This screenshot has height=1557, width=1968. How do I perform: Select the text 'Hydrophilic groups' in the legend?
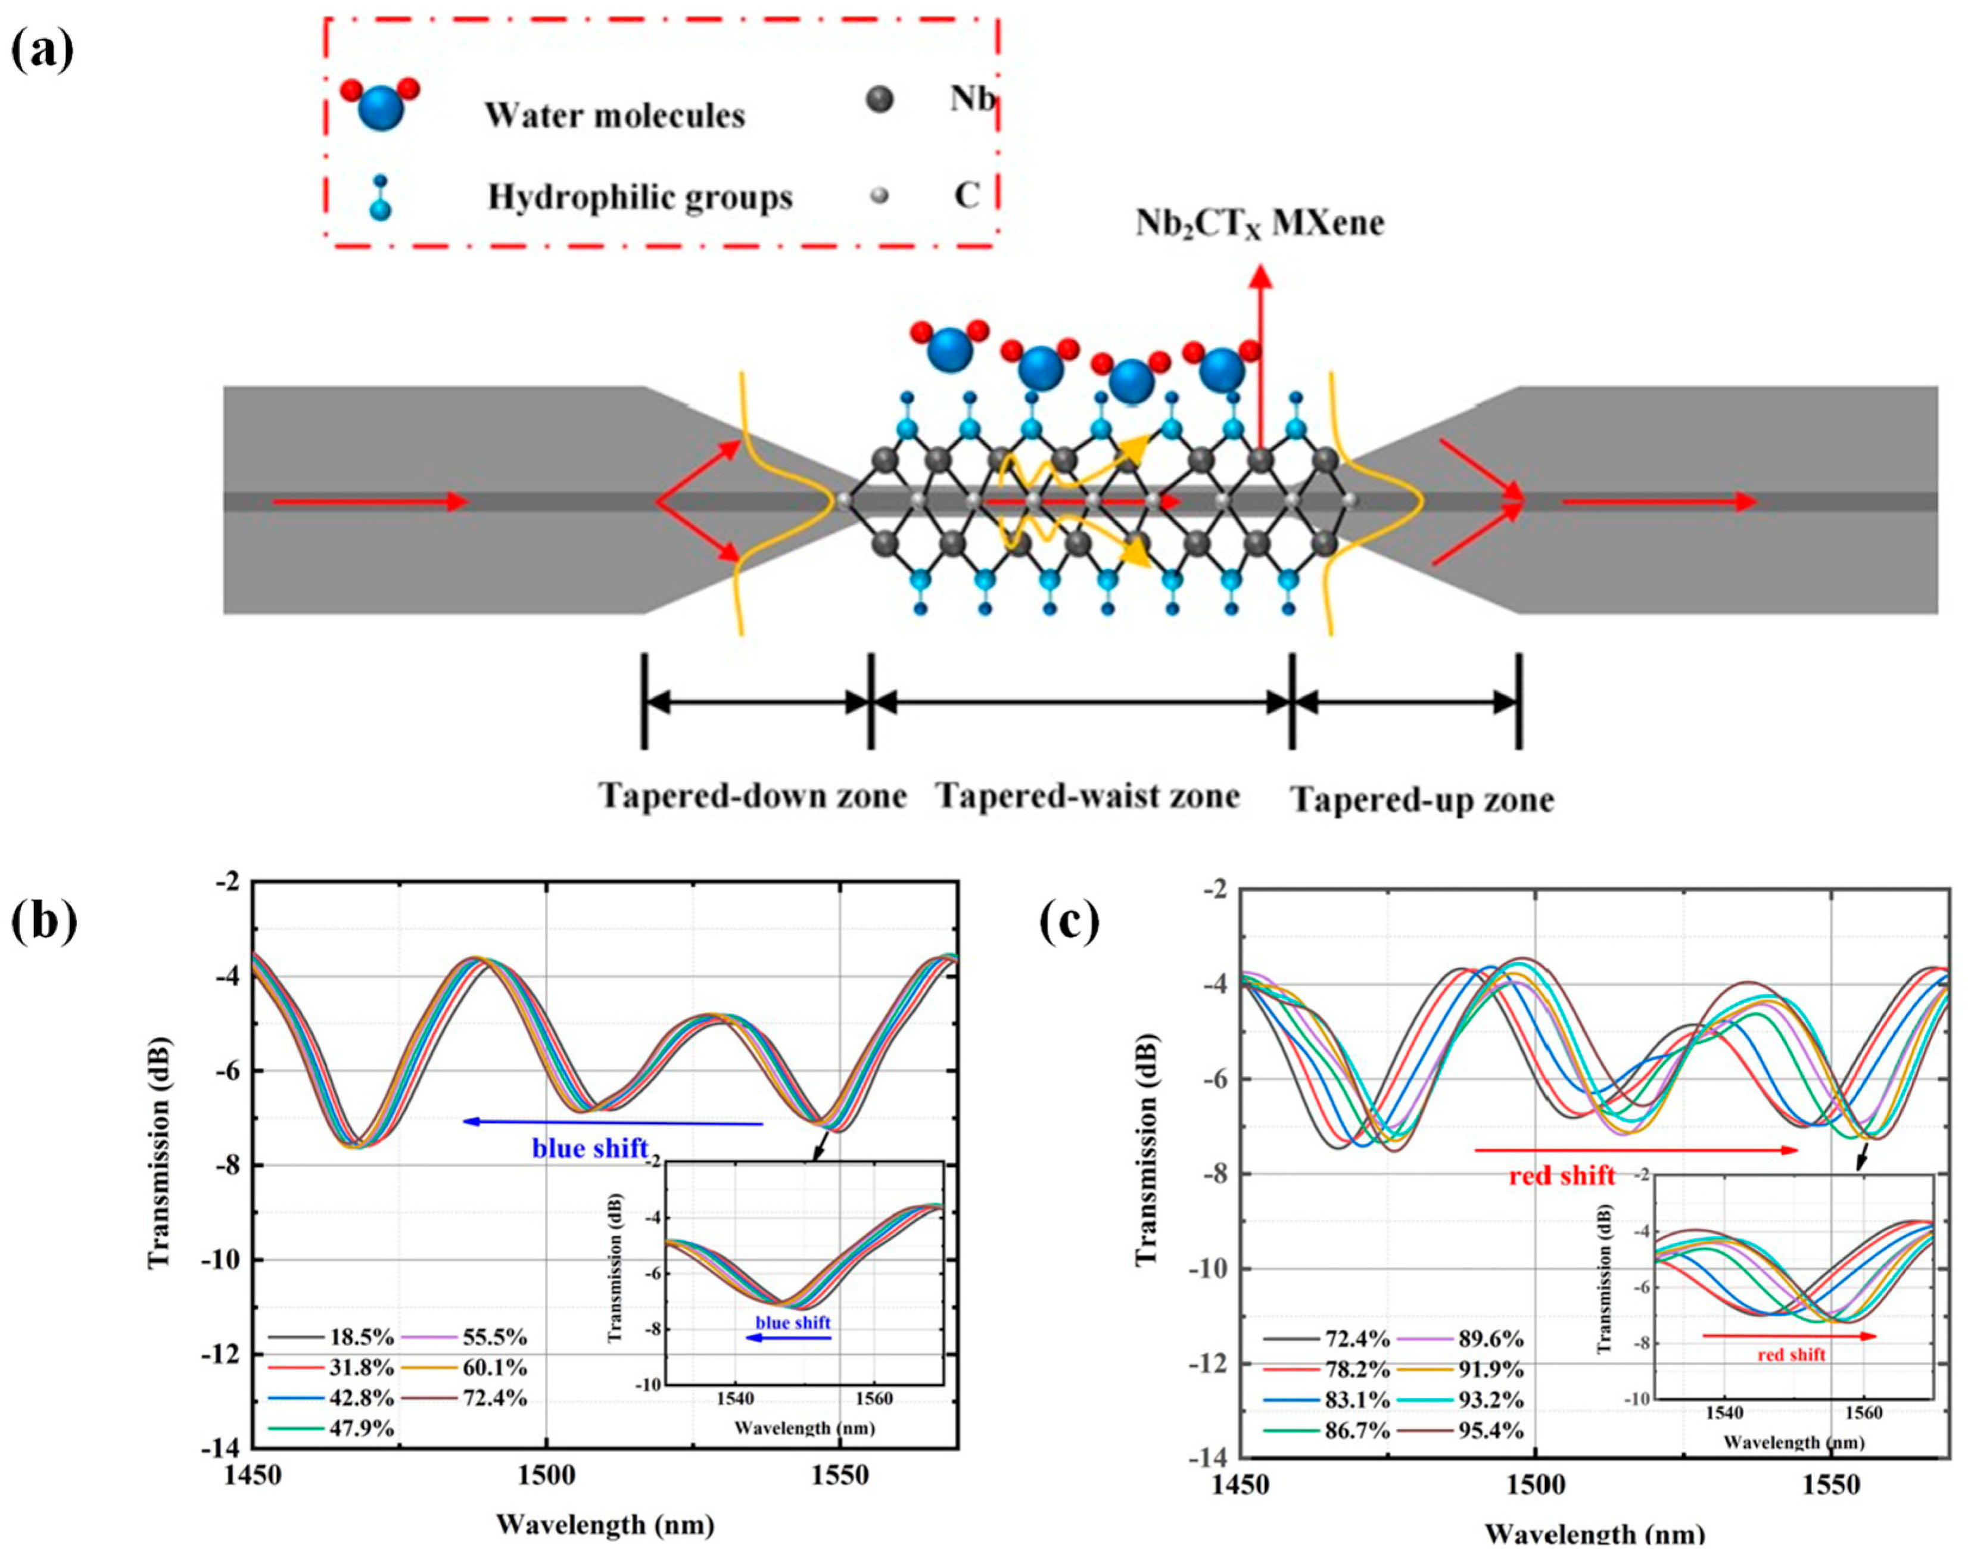point(640,197)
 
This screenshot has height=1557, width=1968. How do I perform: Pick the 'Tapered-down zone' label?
point(753,796)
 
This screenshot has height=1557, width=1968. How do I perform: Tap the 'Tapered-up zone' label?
point(1422,799)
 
